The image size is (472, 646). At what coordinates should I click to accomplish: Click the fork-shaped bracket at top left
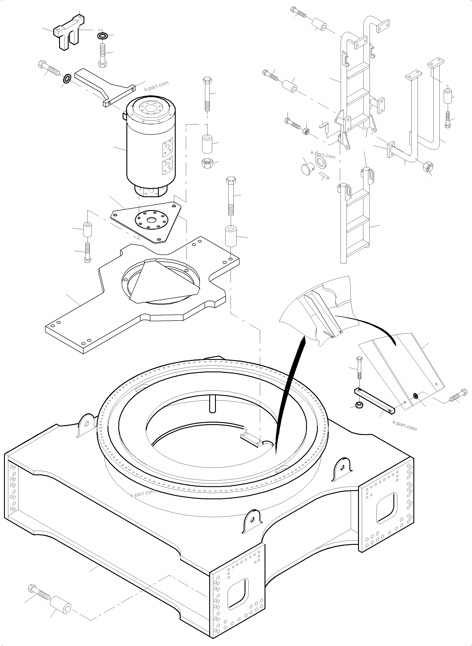(69, 36)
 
